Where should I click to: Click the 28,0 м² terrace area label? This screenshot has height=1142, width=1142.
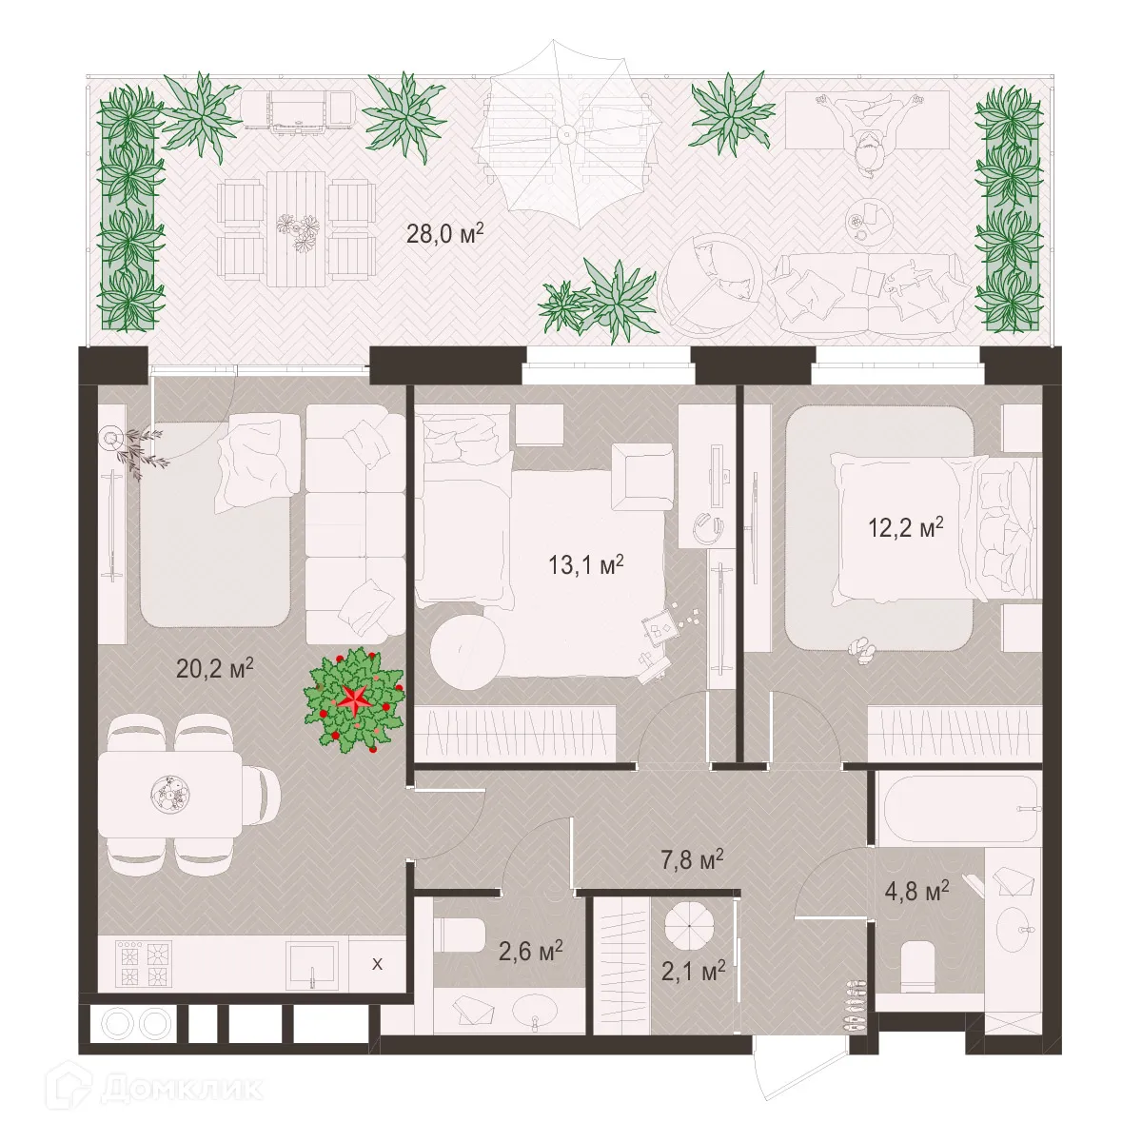pyautogui.click(x=444, y=233)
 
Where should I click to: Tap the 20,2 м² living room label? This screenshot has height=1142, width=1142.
pyautogui.click(x=214, y=667)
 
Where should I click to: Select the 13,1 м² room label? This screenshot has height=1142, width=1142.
pyautogui.click(x=585, y=565)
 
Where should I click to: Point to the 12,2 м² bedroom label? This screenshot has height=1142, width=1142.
pyautogui.click(x=905, y=527)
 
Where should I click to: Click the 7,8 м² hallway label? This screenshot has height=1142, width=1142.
pyautogui.click(x=692, y=862)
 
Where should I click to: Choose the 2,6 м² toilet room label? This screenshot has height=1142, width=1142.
pyautogui.click(x=530, y=951)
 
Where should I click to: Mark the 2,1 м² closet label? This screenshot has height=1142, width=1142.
pyautogui.click(x=694, y=972)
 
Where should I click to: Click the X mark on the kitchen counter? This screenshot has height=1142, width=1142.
pyautogui.click(x=377, y=964)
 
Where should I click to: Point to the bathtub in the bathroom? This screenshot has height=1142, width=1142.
pyautogui.click(x=958, y=808)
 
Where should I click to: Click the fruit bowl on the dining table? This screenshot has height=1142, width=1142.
pyautogui.click(x=172, y=793)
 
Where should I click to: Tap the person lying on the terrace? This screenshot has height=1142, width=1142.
pyautogui.click(x=866, y=133)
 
